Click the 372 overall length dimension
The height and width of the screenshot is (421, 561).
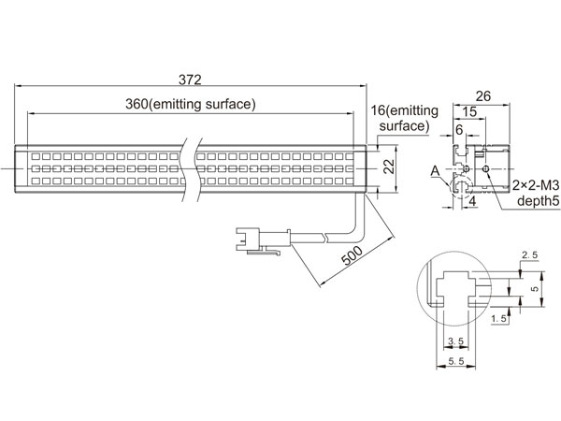(x=190, y=80)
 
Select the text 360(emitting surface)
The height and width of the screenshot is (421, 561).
(x=191, y=104)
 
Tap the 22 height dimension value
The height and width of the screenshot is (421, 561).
(x=389, y=167)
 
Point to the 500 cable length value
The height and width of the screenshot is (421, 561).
(x=352, y=255)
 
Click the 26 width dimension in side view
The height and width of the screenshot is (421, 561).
(x=482, y=96)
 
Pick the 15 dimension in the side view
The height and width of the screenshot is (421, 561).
(x=469, y=111)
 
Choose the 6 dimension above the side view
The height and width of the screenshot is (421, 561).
(x=459, y=129)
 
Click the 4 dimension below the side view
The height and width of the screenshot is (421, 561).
(x=472, y=201)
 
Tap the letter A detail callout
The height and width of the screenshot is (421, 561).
(x=435, y=171)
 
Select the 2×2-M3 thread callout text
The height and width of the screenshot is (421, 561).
(x=536, y=185)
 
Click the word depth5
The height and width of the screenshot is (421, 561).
(x=539, y=201)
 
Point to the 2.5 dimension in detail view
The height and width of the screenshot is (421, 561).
(x=529, y=255)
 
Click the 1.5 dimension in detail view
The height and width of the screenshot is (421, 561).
(x=499, y=318)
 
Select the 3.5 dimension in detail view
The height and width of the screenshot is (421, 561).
(x=456, y=341)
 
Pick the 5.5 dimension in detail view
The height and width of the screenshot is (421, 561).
(x=456, y=361)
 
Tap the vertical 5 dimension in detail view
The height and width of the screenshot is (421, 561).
(x=535, y=289)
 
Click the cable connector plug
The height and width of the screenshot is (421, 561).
(x=263, y=240)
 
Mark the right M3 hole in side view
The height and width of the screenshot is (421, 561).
(x=485, y=168)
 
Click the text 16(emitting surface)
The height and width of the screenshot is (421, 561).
(x=404, y=118)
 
